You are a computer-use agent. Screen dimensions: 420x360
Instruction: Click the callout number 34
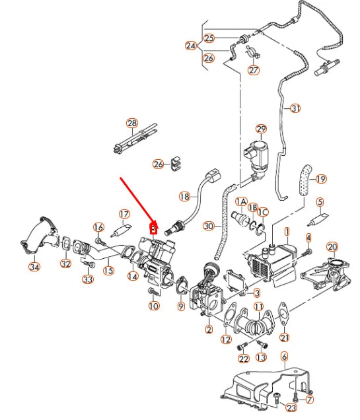pyautogui.click(x=34, y=267)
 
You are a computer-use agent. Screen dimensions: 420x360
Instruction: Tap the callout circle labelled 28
pyautogui.click(x=131, y=123)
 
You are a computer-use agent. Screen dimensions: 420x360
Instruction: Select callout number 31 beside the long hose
pyautogui.click(x=295, y=108)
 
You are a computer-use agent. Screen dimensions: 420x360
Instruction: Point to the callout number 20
pyautogui.click(x=332, y=247)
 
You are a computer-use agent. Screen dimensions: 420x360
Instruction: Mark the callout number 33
pyautogui.click(x=87, y=279)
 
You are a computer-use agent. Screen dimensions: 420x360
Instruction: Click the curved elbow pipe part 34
pyautogui.click(x=39, y=236)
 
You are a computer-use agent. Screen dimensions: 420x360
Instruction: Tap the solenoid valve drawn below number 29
pyautogui.click(x=259, y=155)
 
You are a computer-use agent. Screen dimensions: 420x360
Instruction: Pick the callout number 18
pyautogui.click(x=184, y=197)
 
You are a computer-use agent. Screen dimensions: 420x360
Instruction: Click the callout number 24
pyautogui.click(x=191, y=46)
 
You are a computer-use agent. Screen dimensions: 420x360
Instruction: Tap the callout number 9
pyautogui.click(x=181, y=306)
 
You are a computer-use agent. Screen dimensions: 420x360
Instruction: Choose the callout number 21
pyautogui.click(x=284, y=337)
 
